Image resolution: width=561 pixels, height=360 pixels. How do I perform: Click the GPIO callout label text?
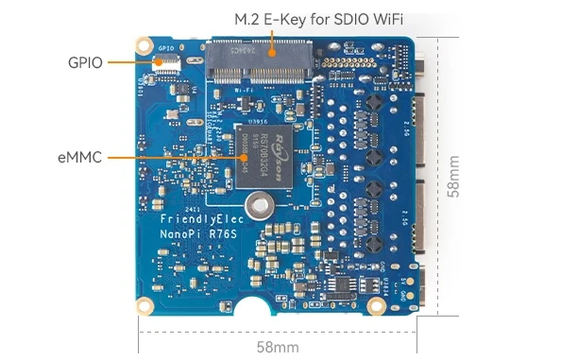[85, 62]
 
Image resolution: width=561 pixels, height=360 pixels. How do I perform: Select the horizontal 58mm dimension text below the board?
[278, 346]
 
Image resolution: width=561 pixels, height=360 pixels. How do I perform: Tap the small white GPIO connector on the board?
[168, 63]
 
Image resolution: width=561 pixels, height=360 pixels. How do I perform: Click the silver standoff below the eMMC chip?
[257, 205]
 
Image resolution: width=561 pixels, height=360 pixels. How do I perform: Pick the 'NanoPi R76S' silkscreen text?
[188, 232]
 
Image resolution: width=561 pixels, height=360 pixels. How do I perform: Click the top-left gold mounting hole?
[144, 44]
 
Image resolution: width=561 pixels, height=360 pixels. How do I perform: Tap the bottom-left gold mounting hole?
[144, 304]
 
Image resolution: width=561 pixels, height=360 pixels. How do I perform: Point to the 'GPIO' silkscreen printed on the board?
[166, 48]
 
